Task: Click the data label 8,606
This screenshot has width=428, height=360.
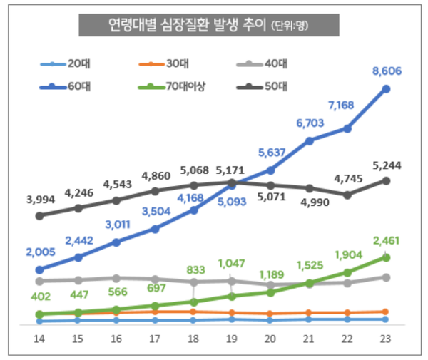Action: (x=386, y=71)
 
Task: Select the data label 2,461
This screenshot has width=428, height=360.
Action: (x=386, y=240)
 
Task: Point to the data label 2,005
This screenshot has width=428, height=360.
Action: (x=40, y=252)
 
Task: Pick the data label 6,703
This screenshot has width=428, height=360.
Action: (x=309, y=123)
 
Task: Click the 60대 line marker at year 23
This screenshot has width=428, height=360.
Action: (x=386, y=89)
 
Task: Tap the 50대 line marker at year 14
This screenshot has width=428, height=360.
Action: (x=40, y=215)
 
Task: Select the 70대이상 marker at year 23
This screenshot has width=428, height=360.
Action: (x=386, y=257)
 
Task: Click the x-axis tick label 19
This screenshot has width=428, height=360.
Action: (x=232, y=340)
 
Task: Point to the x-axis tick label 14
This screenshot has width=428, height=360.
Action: (x=40, y=340)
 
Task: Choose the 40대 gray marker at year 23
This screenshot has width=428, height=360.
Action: (x=386, y=277)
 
